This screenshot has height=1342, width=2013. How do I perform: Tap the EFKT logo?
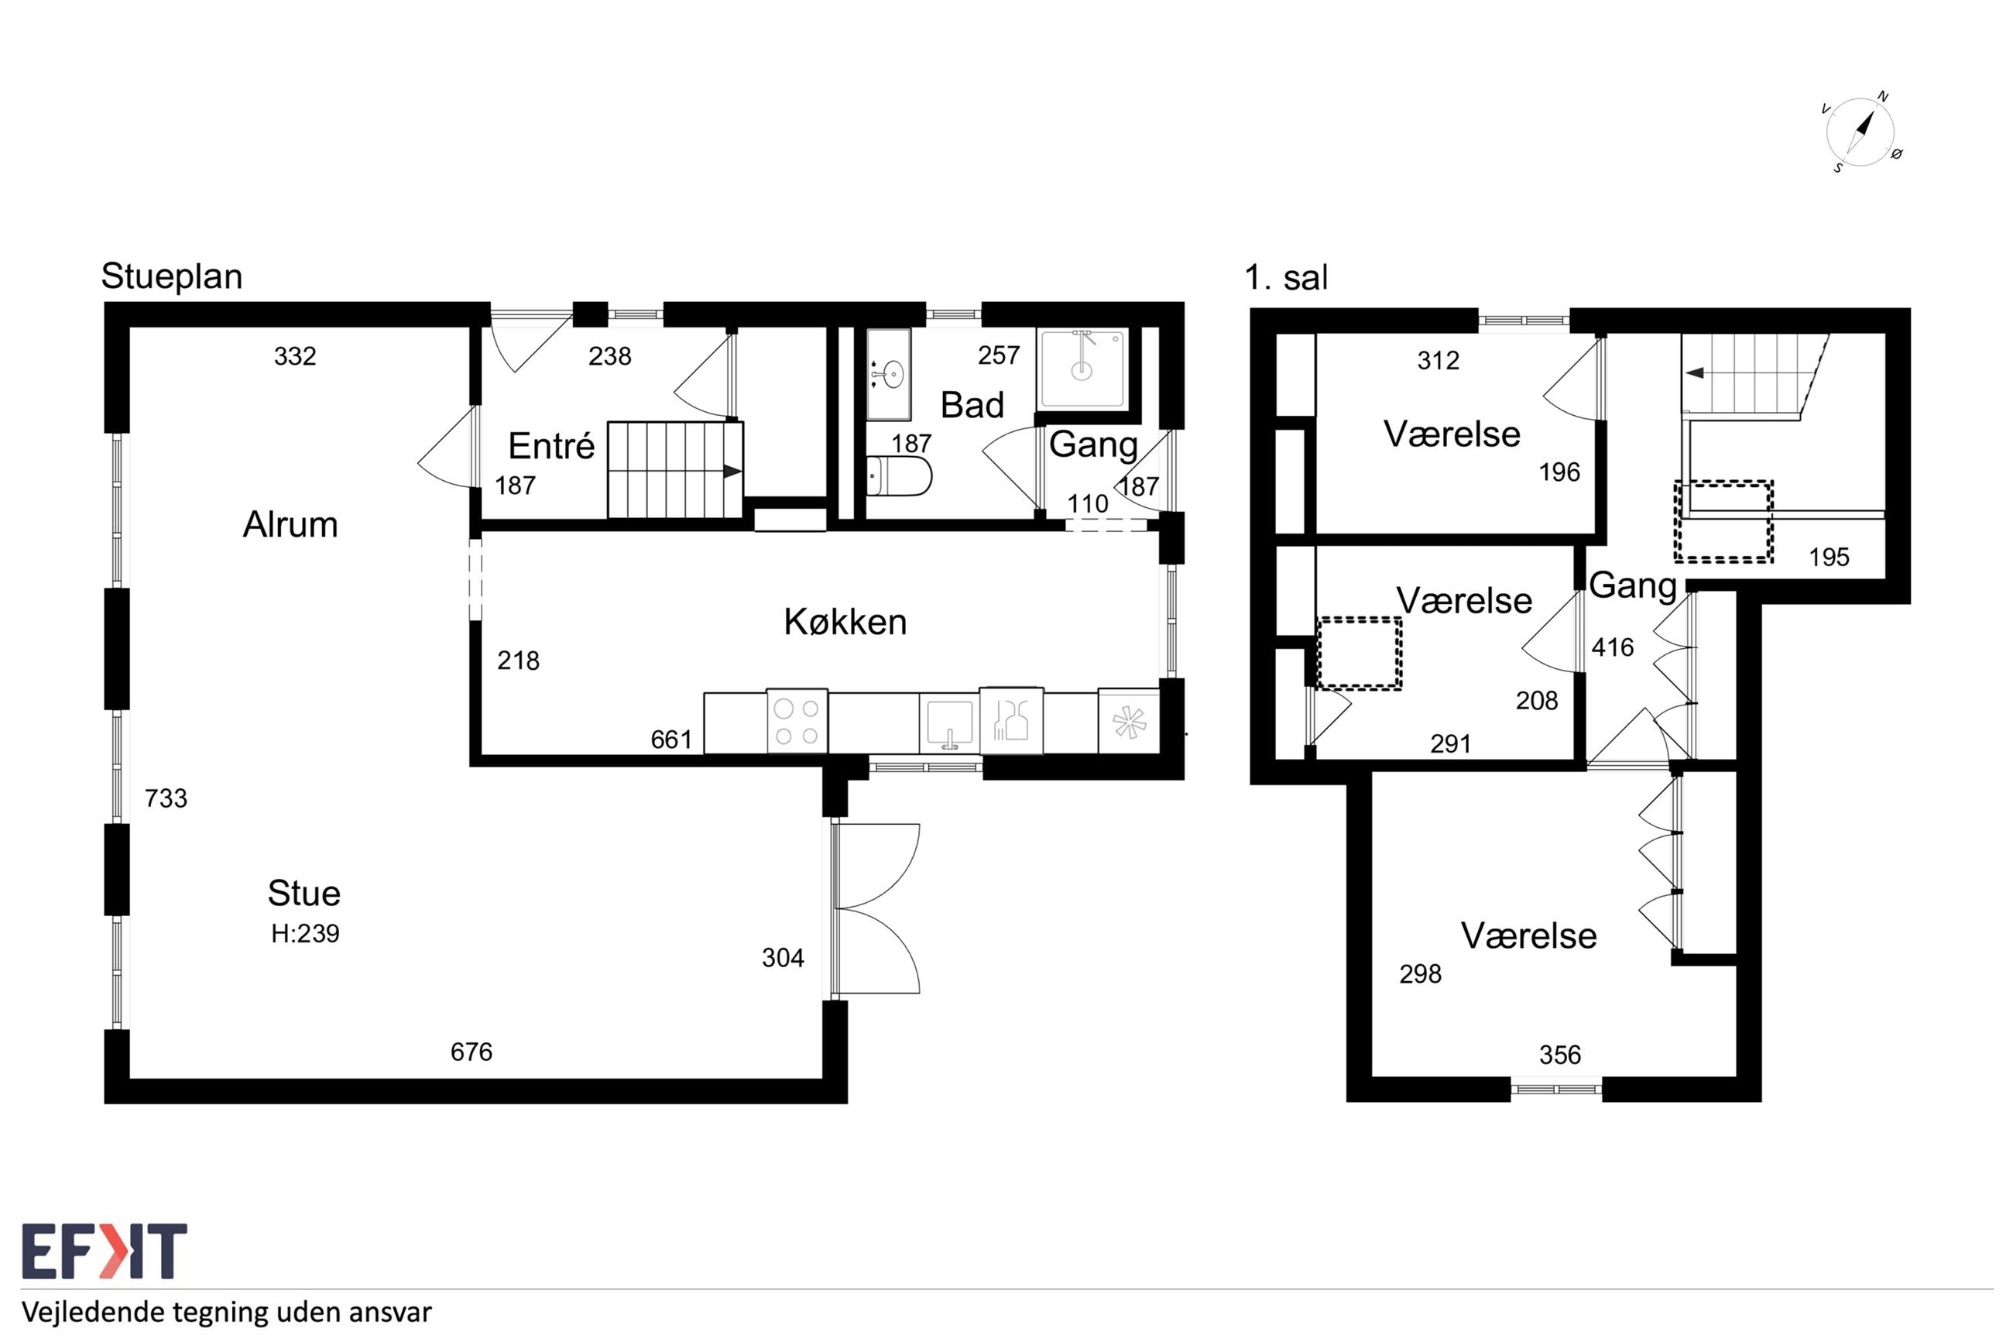(105, 1251)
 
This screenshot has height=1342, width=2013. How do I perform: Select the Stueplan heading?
(172, 277)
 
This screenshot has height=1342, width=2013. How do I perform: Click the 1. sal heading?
(1286, 277)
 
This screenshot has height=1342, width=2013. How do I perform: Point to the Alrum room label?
(290, 525)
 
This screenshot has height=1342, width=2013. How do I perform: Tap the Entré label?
(551, 445)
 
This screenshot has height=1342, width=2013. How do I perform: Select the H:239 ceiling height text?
(305, 934)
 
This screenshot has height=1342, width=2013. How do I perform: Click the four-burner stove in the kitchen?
(797, 722)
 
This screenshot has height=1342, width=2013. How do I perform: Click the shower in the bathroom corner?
(1082, 369)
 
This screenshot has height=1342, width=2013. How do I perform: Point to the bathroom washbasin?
(889, 374)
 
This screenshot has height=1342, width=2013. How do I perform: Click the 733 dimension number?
(166, 798)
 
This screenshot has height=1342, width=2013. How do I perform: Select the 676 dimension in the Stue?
(472, 1052)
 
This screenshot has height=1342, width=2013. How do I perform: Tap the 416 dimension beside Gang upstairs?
(1613, 648)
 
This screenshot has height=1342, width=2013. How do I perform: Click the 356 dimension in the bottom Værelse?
(1560, 1055)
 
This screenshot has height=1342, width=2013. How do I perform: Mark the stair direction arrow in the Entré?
(732, 472)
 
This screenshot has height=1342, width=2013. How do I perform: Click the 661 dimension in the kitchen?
(671, 740)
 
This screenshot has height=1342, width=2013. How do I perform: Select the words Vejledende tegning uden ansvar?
(227, 1312)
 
